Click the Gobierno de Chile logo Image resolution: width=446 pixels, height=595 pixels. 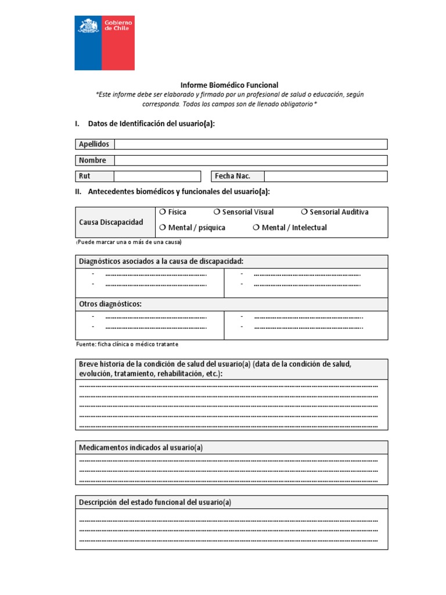(x=105, y=42)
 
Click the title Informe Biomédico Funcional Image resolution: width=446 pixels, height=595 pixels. (x=229, y=85)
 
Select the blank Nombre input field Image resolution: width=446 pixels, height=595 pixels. (x=250, y=160)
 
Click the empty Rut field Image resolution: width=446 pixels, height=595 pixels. (x=157, y=176)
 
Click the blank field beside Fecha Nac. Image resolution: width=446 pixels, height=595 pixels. (x=326, y=176)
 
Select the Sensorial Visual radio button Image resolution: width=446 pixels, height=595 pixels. (x=217, y=212)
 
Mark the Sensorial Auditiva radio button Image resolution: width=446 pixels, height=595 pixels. (x=305, y=212)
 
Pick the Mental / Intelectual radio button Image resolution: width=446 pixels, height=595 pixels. (x=256, y=228)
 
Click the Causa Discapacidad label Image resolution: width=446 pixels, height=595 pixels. (x=111, y=223)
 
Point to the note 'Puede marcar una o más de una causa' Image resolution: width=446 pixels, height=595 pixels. (x=129, y=242)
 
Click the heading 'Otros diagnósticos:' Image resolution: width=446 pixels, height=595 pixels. (x=110, y=304)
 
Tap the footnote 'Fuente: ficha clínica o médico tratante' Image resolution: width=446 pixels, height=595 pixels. (x=127, y=344)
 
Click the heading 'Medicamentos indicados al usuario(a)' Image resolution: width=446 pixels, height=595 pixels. (x=141, y=447)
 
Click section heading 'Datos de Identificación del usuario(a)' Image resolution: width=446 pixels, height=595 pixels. (x=151, y=124)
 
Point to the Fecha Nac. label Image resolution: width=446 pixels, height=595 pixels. (x=233, y=176)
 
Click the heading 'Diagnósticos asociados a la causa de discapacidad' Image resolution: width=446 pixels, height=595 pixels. (x=161, y=261)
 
